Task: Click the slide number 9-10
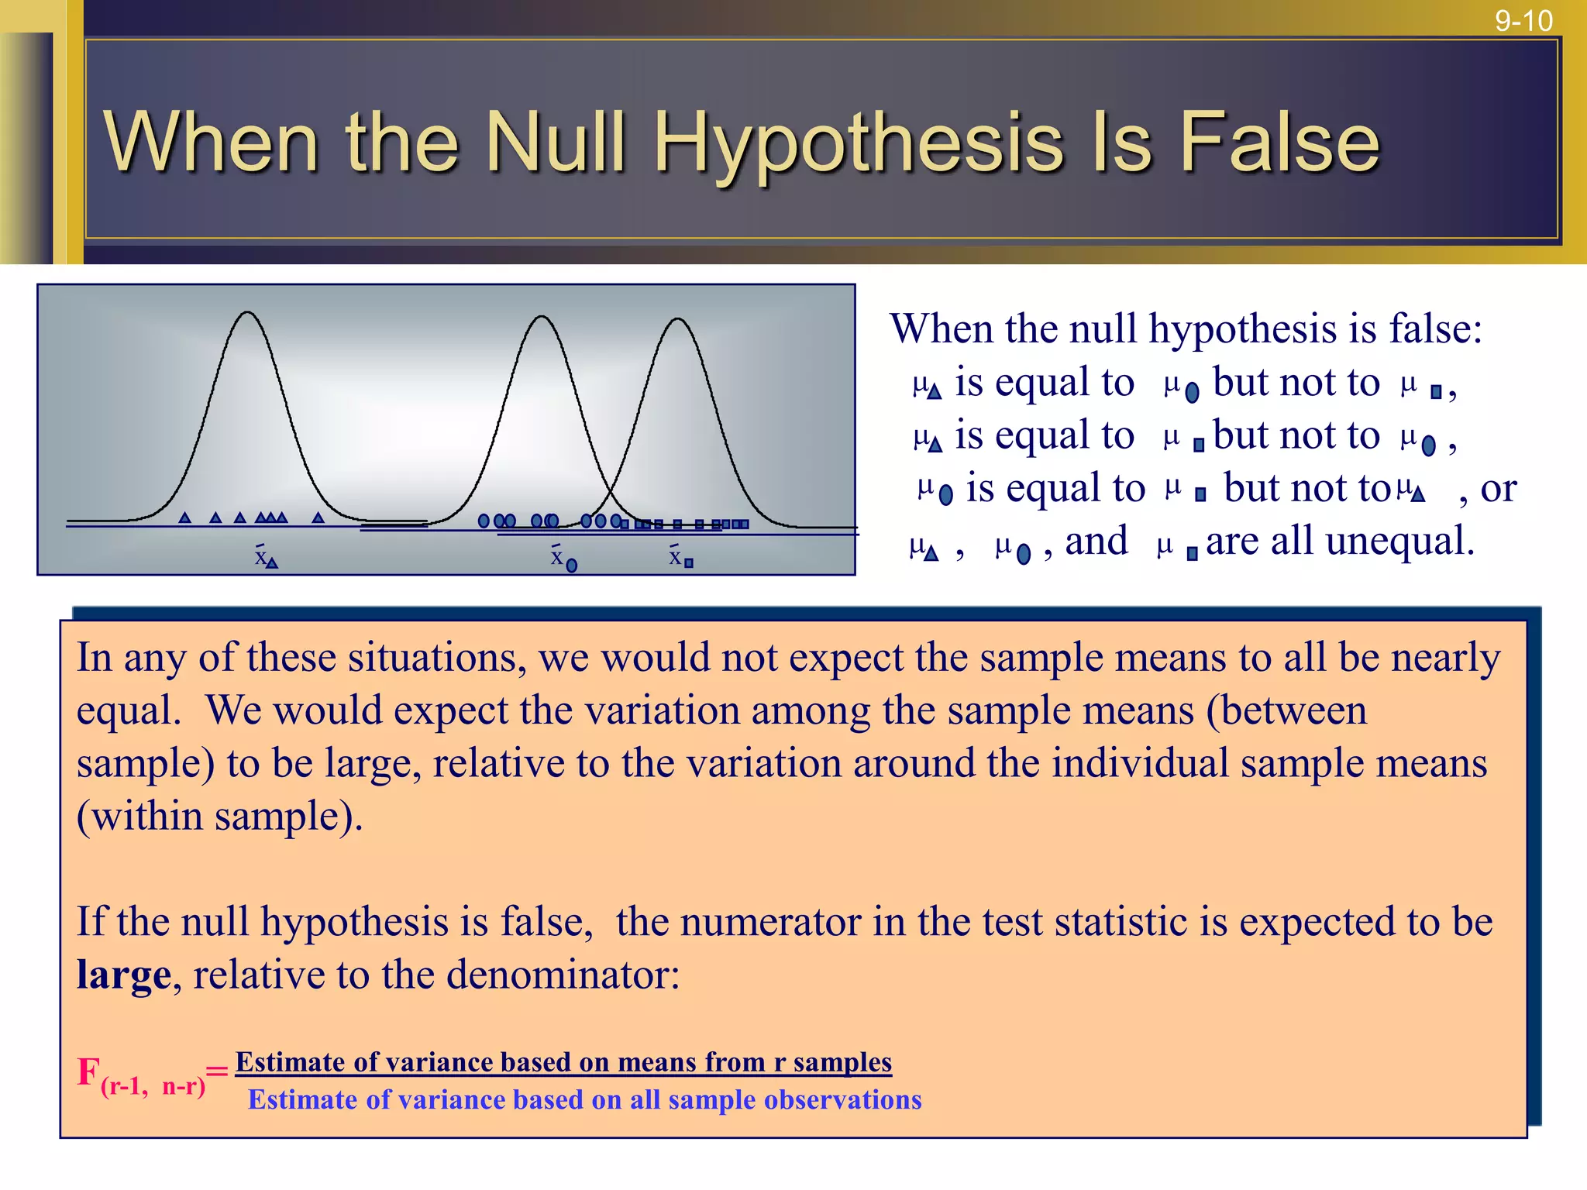[x=1523, y=20]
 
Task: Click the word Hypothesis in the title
[x=859, y=143]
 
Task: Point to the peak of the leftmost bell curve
[x=247, y=313]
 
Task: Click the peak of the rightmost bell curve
[x=678, y=319]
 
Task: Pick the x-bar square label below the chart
[x=680, y=557]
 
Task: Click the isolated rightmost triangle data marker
[x=318, y=518]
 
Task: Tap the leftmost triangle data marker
[x=184, y=518]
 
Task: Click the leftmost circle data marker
[x=484, y=521]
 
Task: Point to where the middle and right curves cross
[x=609, y=496]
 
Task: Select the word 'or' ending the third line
[x=1498, y=488]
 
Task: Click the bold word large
[x=123, y=975]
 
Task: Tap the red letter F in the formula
[x=88, y=1072]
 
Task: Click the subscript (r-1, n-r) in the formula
[x=153, y=1086]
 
